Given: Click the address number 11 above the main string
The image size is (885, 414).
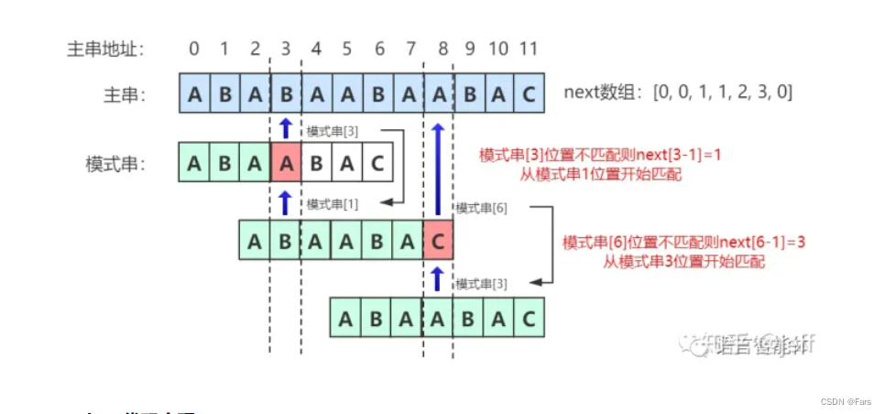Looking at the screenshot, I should click(528, 48).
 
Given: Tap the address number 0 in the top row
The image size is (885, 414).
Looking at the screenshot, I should click(194, 48).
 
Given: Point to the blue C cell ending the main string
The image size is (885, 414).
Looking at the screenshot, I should click(529, 93).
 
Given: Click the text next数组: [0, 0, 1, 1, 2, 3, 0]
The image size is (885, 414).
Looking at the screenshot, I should click(678, 92).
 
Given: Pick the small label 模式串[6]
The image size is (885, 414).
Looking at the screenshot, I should click(481, 209).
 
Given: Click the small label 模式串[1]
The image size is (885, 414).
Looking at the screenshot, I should click(333, 203).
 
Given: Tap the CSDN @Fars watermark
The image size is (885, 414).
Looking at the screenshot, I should click(847, 401).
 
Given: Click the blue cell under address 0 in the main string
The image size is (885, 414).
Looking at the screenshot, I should click(194, 93).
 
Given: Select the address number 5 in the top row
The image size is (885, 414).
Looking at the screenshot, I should click(346, 48).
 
